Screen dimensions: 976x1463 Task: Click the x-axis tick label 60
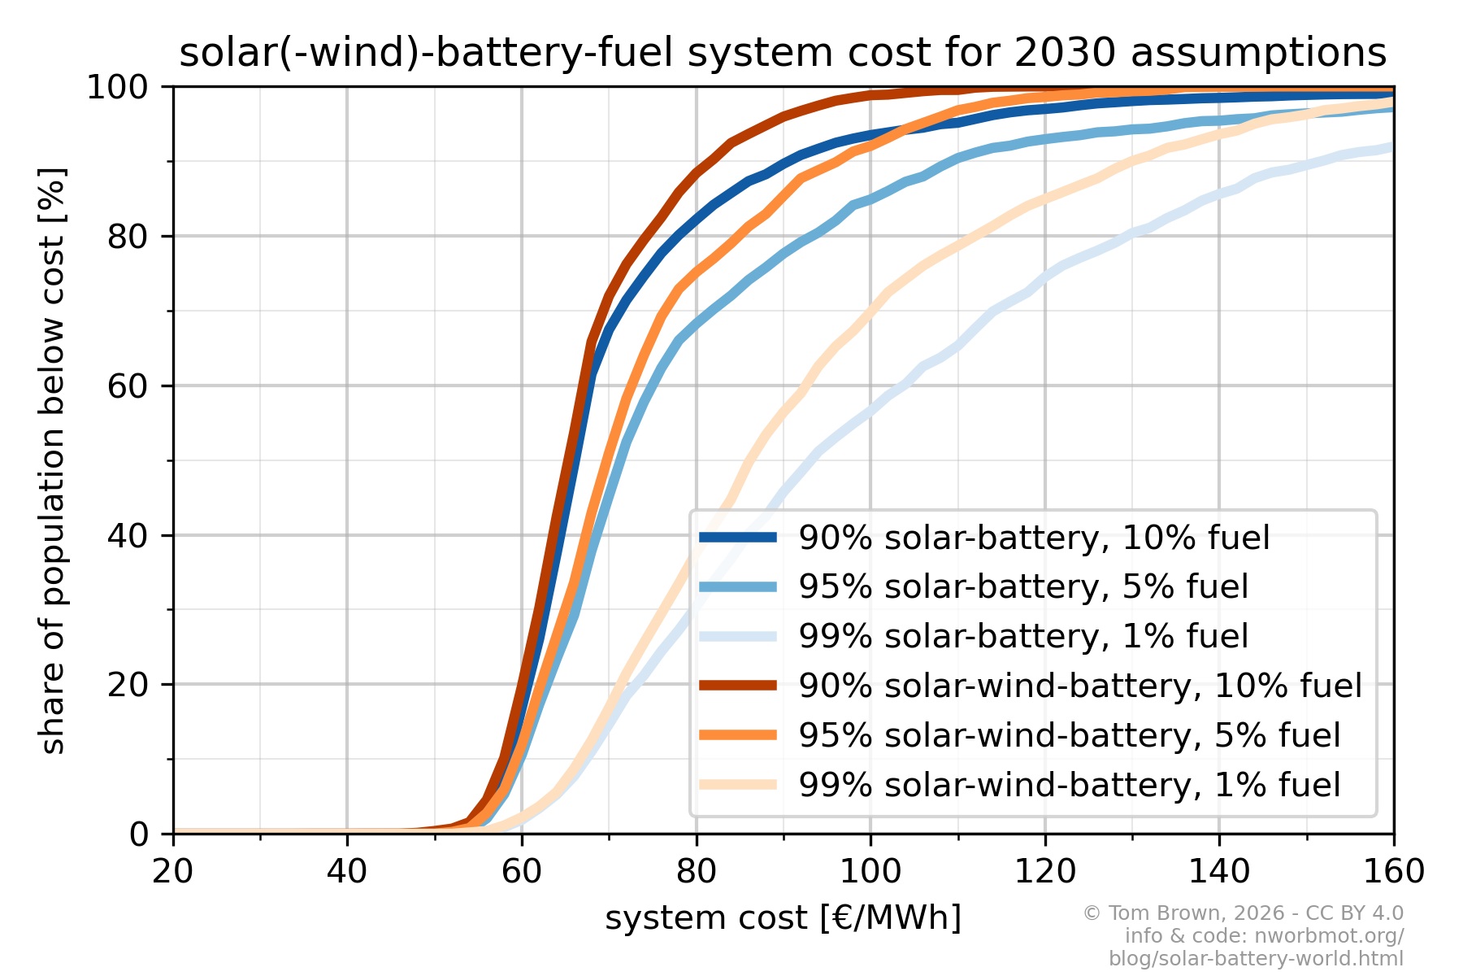point(521,872)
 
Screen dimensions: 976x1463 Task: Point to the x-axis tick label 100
point(870,872)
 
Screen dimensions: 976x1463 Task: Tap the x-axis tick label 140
point(1219,872)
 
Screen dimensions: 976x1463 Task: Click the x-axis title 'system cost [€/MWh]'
point(783,918)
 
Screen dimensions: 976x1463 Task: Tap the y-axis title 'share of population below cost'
point(53,460)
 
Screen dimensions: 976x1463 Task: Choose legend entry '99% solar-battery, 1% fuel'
point(1023,636)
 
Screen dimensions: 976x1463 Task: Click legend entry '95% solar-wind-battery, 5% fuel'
point(1069,735)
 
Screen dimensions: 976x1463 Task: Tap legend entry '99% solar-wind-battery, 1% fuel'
point(1069,785)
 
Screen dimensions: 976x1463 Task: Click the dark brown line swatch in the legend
point(738,686)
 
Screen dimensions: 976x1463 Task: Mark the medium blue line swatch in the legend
point(738,586)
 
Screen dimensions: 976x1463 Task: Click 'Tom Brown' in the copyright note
point(1153,913)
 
